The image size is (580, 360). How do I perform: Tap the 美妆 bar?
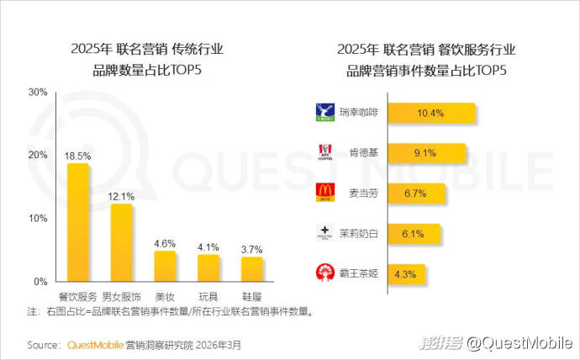(x=165, y=266)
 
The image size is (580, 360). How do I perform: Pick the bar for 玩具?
(x=208, y=267)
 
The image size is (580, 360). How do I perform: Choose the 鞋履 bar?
(x=252, y=269)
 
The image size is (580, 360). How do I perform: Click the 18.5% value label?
(x=77, y=156)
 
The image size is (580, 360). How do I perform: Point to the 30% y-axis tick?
(x=37, y=92)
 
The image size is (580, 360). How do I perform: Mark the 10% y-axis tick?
(x=37, y=218)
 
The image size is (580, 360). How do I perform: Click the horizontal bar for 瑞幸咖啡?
(x=431, y=113)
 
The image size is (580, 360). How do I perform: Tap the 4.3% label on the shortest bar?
(x=406, y=273)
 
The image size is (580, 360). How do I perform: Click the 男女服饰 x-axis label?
(x=122, y=296)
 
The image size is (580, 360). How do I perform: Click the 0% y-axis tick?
(x=40, y=281)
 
